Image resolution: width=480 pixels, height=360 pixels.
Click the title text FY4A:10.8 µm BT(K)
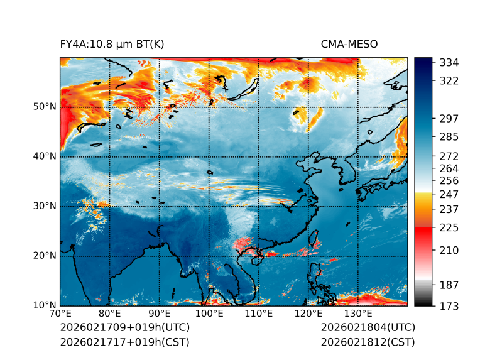click(112, 44)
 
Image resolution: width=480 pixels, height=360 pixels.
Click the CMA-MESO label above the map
click(349, 44)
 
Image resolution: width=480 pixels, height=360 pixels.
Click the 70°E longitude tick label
click(60, 314)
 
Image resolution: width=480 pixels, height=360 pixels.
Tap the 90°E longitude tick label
click(160, 314)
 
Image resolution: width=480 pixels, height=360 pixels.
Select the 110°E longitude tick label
click(258, 314)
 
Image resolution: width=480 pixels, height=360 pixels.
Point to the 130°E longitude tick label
click(357, 314)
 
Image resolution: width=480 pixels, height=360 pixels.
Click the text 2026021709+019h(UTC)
click(125, 328)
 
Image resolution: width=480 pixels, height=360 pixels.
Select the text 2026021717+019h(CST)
click(124, 342)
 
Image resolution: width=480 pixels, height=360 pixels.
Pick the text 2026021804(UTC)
click(368, 328)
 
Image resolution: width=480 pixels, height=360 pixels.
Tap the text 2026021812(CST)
click(368, 342)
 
